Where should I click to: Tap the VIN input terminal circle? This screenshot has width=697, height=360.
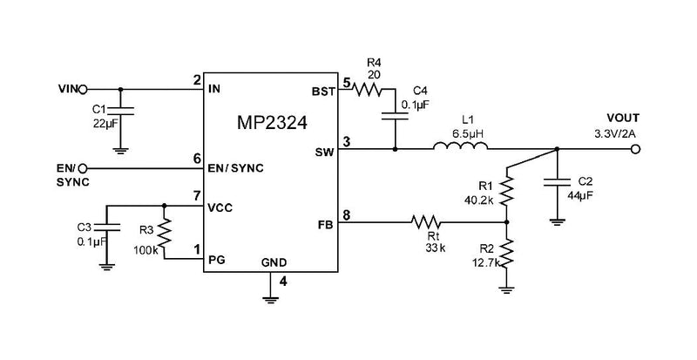(84, 88)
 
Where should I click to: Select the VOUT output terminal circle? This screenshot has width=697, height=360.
(637, 149)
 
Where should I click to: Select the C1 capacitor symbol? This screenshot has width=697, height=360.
(120, 112)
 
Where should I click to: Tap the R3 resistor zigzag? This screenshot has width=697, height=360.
(164, 232)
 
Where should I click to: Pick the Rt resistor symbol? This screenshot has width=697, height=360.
(426, 221)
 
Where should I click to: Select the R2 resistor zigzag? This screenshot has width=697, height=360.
(508, 255)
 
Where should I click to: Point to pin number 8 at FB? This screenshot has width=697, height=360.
(347, 214)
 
